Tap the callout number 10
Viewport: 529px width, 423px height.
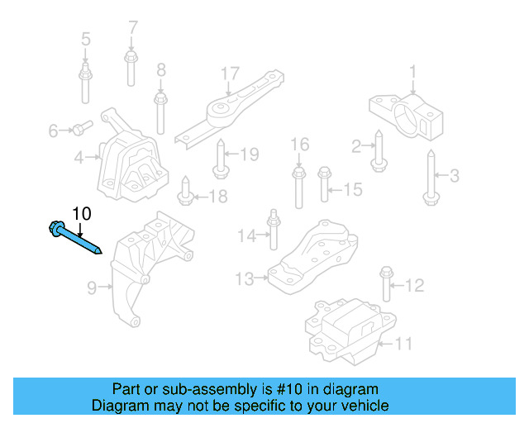tap(81, 214)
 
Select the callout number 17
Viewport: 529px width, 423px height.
tap(229, 73)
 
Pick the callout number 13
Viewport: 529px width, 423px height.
tap(244, 279)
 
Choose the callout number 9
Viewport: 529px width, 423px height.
tap(93, 288)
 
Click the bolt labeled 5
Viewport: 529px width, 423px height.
tap(86, 83)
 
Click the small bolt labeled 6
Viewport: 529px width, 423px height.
tap(79, 128)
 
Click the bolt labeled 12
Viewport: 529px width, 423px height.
tap(385, 285)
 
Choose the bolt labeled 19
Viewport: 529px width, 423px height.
tap(221, 159)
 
